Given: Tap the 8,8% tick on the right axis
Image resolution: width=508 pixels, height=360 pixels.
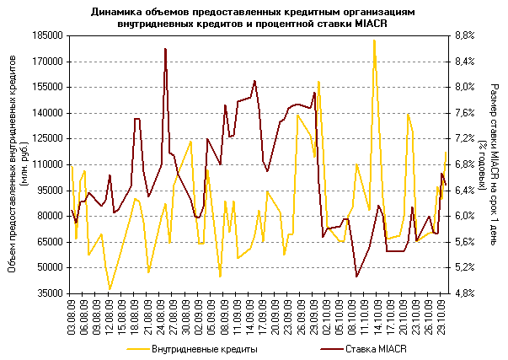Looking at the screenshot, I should click(x=465, y=36).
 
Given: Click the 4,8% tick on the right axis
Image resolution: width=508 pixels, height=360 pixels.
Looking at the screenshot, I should click(x=465, y=293).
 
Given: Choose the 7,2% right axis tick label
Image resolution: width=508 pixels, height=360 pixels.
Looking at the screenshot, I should click(x=465, y=139).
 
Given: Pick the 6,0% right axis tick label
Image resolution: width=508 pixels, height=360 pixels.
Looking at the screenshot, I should click(x=465, y=217).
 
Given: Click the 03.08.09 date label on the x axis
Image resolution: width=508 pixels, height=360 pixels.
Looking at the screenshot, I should click(x=72, y=320).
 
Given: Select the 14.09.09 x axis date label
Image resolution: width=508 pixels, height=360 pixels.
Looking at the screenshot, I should click(x=251, y=320).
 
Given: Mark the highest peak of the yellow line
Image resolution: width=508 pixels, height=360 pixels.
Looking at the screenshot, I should click(x=374, y=40).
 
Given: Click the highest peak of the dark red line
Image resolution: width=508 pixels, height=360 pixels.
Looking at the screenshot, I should click(x=165, y=49).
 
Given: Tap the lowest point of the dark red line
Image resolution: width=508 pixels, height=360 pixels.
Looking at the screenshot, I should click(x=357, y=277).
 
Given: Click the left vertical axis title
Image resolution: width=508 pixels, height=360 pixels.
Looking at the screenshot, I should click(x=24, y=165).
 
